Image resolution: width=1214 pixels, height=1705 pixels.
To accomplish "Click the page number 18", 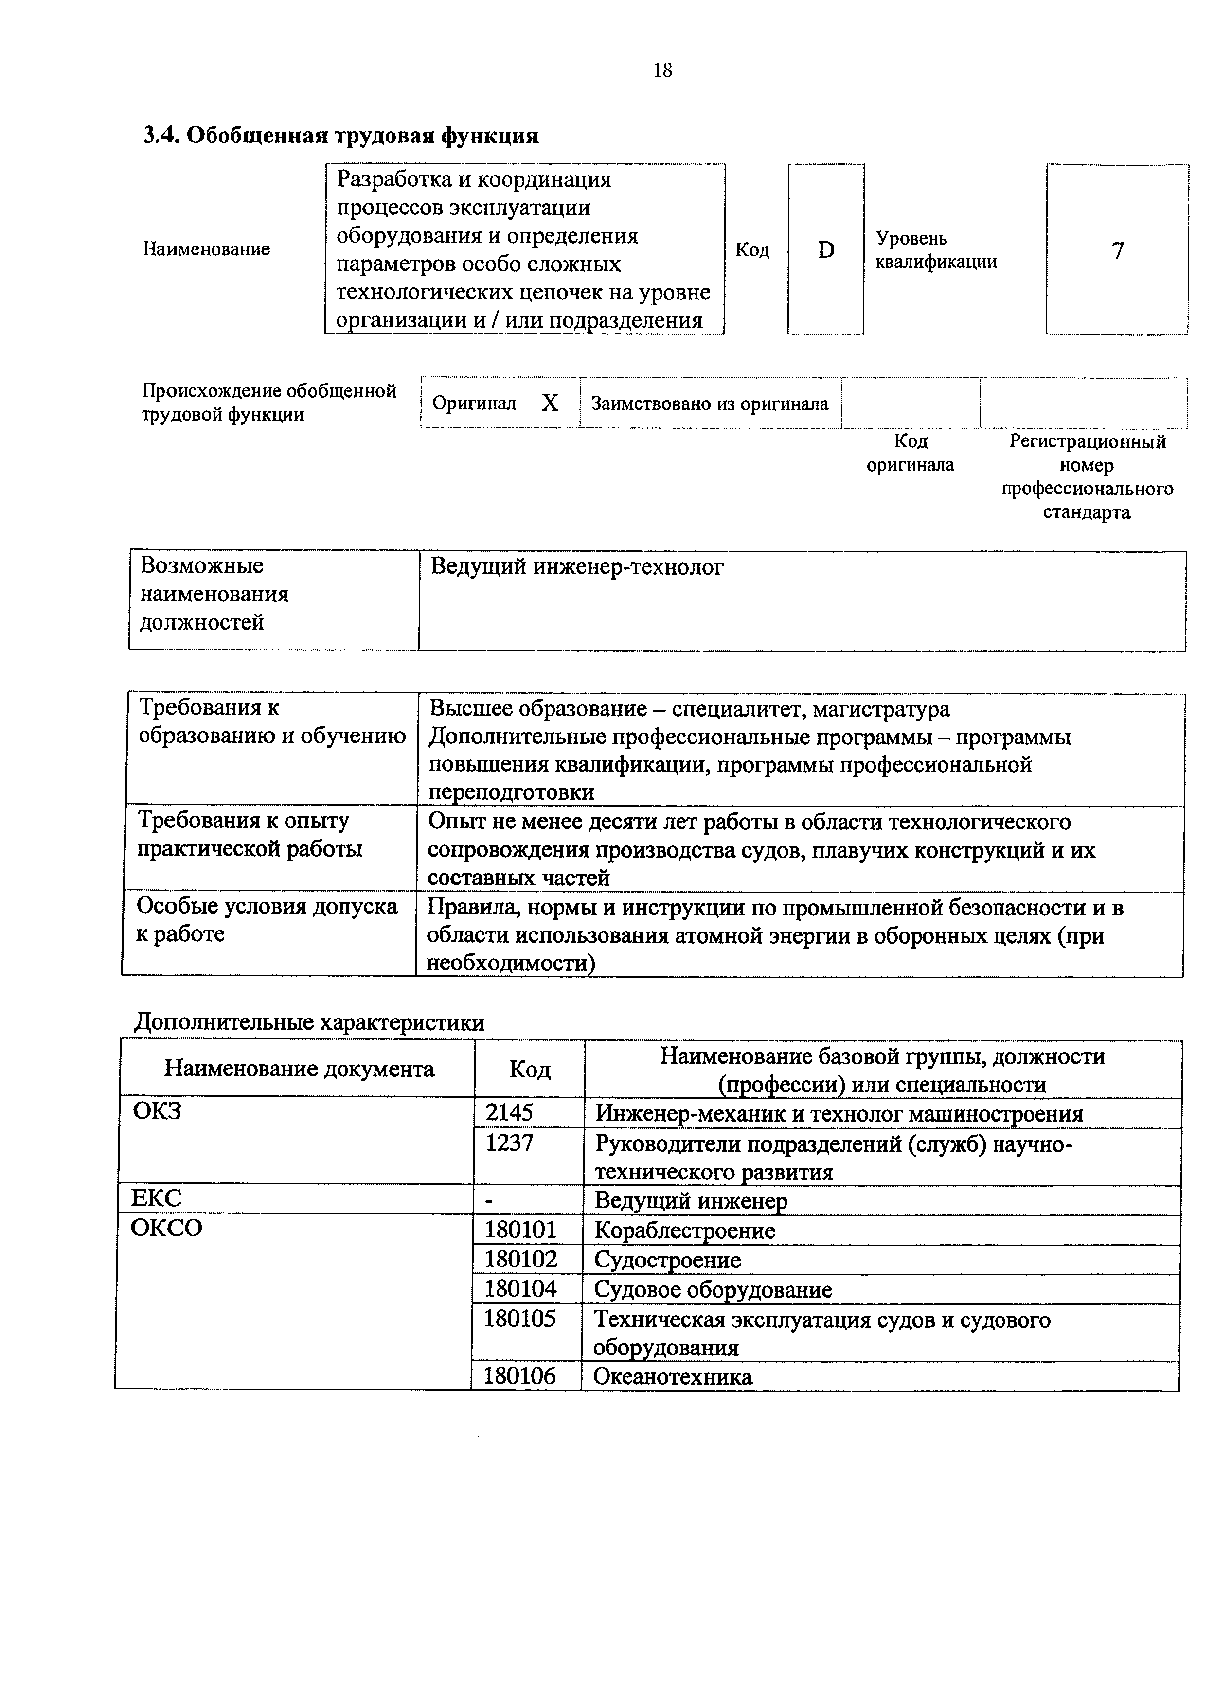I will (662, 70).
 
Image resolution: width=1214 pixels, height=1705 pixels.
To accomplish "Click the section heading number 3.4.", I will (161, 136).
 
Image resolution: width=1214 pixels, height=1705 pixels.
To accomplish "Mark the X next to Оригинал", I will (550, 404).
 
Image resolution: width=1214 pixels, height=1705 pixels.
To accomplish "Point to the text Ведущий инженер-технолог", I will (576, 568).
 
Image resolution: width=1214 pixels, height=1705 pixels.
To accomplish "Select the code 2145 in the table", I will (509, 1113).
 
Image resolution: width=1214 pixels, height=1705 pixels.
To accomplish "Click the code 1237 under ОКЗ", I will (509, 1143).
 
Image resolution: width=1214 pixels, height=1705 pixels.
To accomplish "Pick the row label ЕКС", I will (156, 1198).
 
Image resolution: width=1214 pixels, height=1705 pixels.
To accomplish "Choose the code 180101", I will (520, 1230).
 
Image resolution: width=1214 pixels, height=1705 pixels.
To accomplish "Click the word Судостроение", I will (667, 1260).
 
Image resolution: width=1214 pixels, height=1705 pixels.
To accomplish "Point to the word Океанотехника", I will (672, 1376).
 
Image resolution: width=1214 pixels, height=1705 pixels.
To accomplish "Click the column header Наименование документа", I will (299, 1069).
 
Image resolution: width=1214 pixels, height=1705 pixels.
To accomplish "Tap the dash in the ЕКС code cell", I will (489, 1200).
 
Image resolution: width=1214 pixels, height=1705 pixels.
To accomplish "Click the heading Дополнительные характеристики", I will (309, 1022).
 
